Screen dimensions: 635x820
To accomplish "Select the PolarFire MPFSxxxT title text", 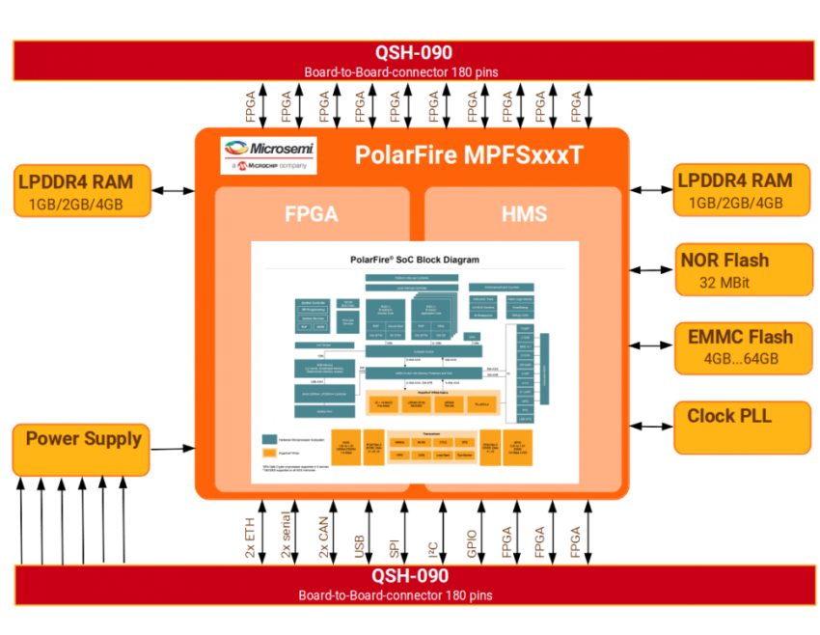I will point(469,155).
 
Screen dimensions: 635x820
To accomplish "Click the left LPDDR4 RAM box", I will point(82,190).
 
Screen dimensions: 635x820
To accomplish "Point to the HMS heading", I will point(524,214).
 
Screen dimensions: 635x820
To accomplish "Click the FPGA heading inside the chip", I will point(311,214).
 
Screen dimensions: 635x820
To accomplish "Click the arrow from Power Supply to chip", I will point(173,449).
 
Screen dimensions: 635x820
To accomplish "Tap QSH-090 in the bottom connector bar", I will point(409,576).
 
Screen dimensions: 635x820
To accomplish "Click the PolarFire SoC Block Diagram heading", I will point(414,260).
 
